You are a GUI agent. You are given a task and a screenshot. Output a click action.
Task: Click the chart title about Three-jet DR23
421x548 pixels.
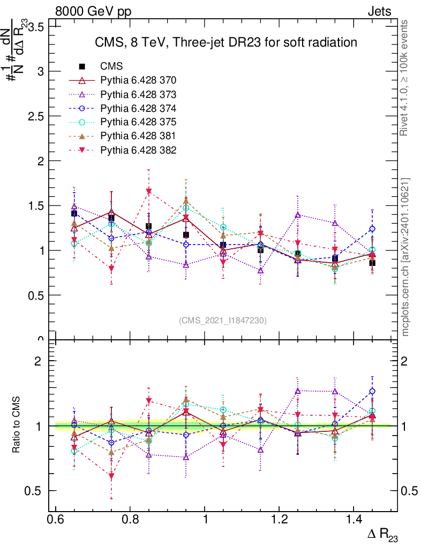[x=225, y=42]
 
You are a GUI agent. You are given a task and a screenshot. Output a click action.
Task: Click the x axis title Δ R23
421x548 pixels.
[x=382, y=535]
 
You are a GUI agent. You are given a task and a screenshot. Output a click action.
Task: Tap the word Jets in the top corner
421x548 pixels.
[x=379, y=11]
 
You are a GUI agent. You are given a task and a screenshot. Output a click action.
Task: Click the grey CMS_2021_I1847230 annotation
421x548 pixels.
[x=223, y=320]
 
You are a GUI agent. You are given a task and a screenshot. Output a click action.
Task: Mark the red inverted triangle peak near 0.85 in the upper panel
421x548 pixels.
[x=149, y=192]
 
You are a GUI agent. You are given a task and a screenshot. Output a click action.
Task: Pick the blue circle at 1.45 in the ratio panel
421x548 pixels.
[x=372, y=391]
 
